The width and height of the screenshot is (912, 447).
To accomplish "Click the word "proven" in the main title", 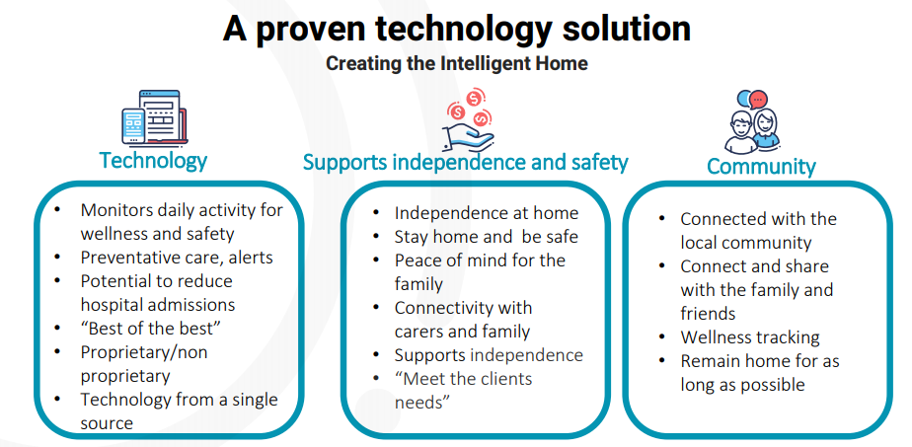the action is pyautogui.click(x=317, y=30).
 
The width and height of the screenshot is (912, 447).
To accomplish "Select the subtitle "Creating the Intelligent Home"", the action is pyautogui.click(x=457, y=63).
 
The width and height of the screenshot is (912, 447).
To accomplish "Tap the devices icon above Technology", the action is pyautogui.click(x=155, y=117).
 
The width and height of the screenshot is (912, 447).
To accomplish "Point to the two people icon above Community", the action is pyautogui.click(x=753, y=121).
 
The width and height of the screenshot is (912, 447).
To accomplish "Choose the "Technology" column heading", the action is pyautogui.click(x=153, y=160).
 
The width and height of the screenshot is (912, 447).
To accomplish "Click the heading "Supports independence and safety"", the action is pyautogui.click(x=465, y=162).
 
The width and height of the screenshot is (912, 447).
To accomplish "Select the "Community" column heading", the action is pyautogui.click(x=761, y=166).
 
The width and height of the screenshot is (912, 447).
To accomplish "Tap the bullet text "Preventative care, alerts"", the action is pyautogui.click(x=177, y=257).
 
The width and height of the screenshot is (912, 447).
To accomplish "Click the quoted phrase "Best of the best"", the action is pyautogui.click(x=151, y=328).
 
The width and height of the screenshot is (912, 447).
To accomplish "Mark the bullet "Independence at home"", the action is pyautogui.click(x=487, y=213).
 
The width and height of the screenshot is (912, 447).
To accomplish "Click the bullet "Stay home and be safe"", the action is pyautogui.click(x=487, y=237).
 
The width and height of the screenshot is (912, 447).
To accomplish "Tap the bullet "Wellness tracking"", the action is pyautogui.click(x=750, y=337).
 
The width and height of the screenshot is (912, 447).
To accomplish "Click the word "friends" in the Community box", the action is pyautogui.click(x=708, y=314).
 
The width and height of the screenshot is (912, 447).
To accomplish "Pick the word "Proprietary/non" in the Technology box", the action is pyautogui.click(x=144, y=352).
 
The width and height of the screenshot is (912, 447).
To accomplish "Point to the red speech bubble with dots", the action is pyautogui.click(x=758, y=99).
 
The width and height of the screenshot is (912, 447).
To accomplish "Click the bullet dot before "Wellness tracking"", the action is pyautogui.click(x=662, y=336).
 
